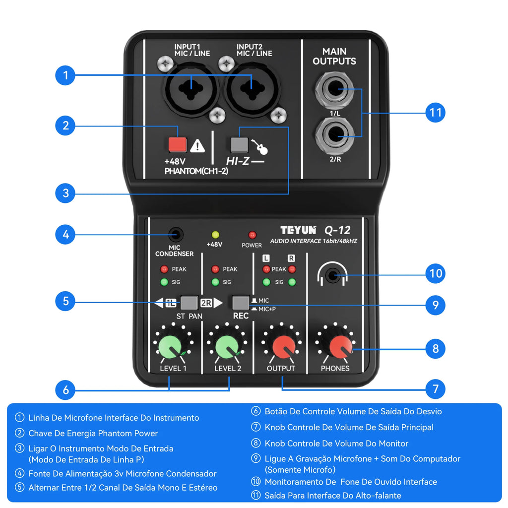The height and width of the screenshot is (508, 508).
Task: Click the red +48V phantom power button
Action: click(x=177, y=144)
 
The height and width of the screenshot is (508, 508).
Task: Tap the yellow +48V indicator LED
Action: click(x=215, y=235)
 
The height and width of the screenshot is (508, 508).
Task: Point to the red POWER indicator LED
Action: click(x=252, y=235)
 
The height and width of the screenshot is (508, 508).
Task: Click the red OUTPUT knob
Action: click(x=281, y=346)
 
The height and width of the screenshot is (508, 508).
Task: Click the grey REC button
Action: click(x=241, y=303)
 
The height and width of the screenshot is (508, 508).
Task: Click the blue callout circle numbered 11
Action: click(x=435, y=113)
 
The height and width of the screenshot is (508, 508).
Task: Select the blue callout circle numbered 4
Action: click(x=65, y=234)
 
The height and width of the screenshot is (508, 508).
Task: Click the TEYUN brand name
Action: click(x=298, y=230)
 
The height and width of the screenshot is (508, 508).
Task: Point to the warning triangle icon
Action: click(x=197, y=145)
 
